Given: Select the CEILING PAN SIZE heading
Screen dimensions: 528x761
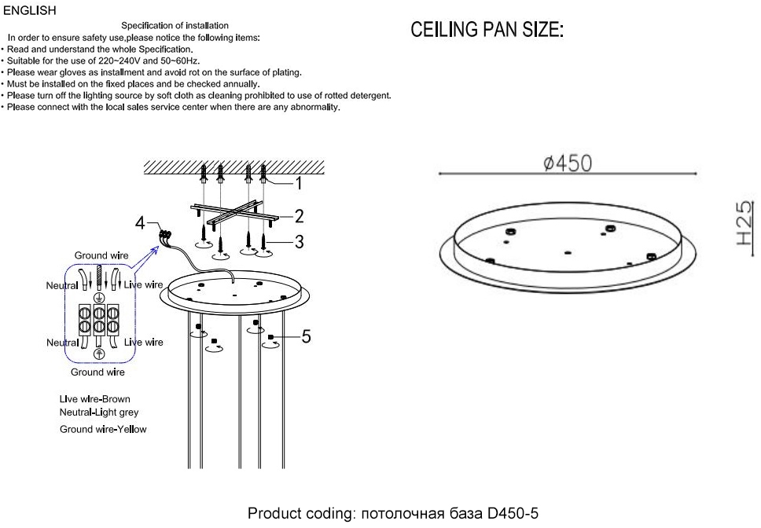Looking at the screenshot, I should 487,31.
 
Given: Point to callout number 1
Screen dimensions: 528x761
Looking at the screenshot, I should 299,184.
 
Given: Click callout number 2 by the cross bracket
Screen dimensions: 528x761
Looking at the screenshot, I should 299,215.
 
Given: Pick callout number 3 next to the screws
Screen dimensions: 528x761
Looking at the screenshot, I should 299,241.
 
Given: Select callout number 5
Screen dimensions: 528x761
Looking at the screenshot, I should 306,337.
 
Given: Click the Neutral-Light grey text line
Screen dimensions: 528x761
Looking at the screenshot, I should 99,412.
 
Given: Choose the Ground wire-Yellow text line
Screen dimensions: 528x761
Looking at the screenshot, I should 103,429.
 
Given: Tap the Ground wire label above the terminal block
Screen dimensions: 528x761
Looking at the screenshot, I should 101,255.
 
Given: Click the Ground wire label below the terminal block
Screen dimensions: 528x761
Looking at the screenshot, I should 97,372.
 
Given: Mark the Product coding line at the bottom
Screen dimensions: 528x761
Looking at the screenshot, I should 393,514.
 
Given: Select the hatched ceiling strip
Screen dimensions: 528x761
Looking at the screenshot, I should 233,167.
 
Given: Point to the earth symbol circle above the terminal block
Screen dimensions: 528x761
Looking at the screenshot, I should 99,299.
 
